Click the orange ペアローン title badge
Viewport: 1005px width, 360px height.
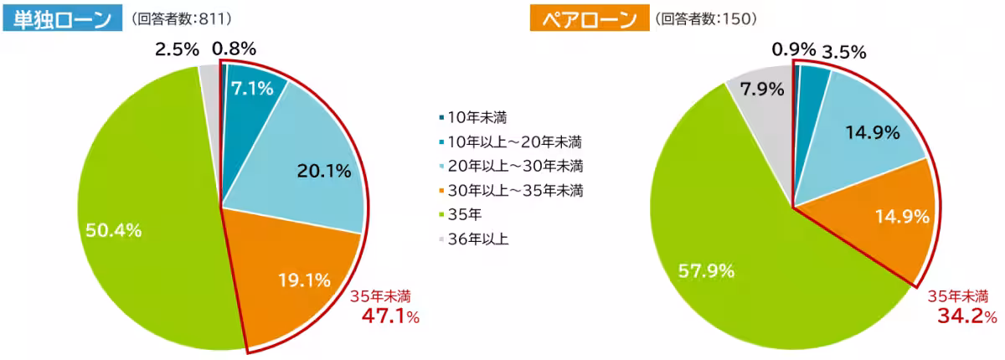584,18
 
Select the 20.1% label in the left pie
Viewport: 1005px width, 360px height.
323,172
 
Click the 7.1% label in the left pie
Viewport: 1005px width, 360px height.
252,89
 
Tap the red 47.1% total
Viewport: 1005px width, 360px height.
389,316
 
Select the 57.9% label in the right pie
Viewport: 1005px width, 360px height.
707,270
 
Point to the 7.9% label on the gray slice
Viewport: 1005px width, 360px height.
762,89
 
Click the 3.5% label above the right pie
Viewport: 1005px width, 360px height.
843,52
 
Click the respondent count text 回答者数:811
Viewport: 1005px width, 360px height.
182,18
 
